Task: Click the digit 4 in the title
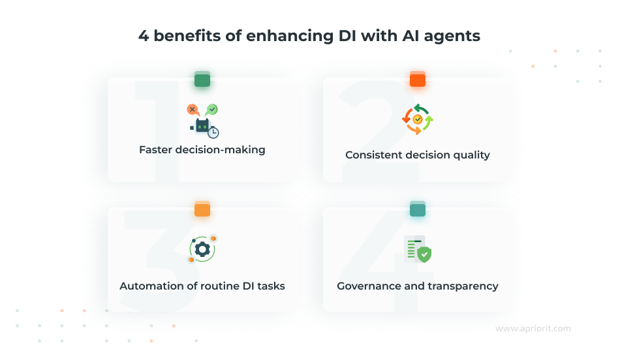143,37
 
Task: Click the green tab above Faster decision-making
202,80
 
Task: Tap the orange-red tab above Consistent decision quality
418,80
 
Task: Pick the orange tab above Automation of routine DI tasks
202,210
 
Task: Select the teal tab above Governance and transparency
418,210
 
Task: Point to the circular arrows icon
418,119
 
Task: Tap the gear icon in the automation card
202,248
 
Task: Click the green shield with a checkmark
424,254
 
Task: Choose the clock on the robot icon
213,132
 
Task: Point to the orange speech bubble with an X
193,110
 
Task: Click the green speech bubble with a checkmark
212,110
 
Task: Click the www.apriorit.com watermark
533,329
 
